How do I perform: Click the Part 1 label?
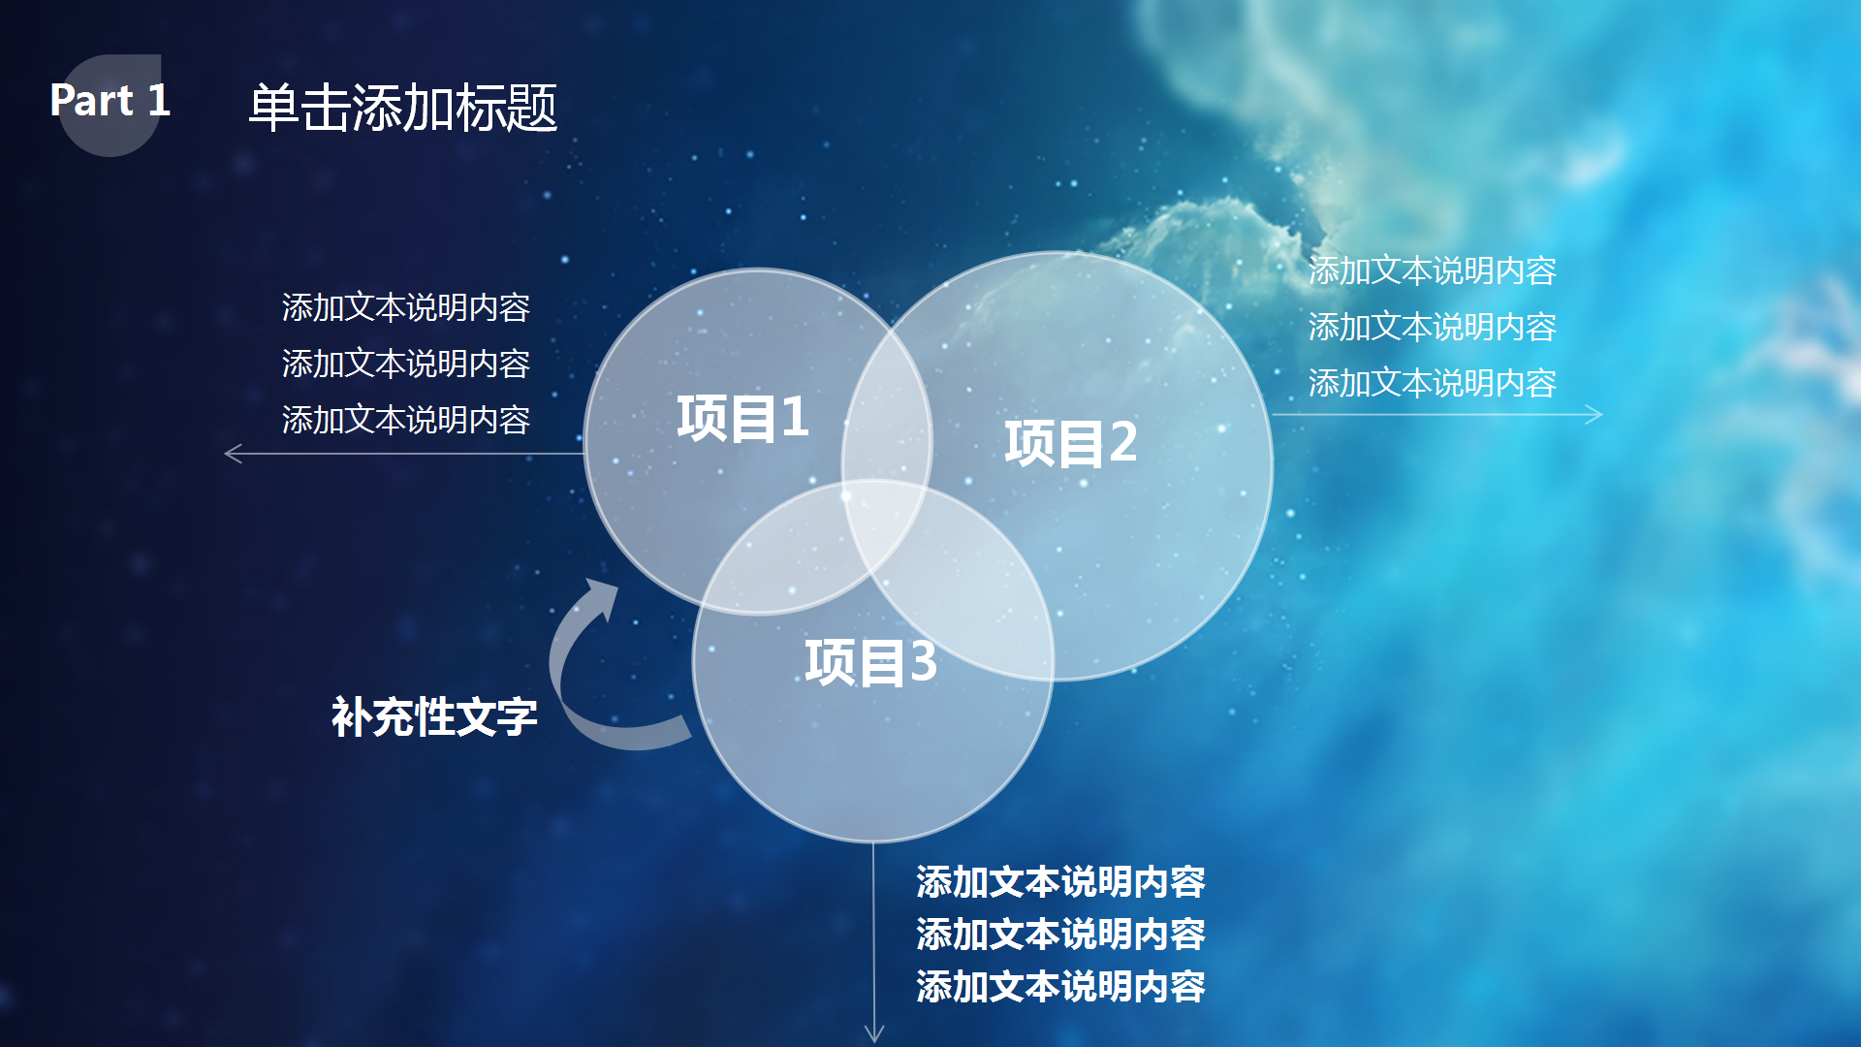pos(110,100)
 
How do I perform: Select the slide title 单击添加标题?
pos(403,107)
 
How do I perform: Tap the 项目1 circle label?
pos(742,418)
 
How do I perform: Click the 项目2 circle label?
pos(1071,443)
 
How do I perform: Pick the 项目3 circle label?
pos(870,662)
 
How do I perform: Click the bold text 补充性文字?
pos(434,717)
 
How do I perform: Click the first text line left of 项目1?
pos(406,307)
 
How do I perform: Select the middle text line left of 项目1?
pos(406,364)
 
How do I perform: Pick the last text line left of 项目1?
pos(406,420)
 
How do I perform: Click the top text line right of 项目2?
pos(1433,270)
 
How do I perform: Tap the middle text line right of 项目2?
pos(1433,327)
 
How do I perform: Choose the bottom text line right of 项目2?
pos(1433,383)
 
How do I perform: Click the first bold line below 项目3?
pos(1060,882)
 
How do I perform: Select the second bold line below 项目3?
pos(1060,935)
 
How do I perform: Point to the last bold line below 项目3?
pos(1060,987)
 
